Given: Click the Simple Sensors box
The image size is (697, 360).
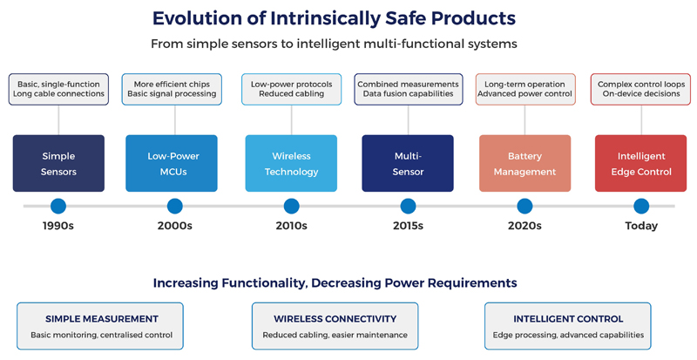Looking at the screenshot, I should (x=58, y=163).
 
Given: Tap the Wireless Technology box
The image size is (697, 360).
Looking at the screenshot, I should (x=291, y=163).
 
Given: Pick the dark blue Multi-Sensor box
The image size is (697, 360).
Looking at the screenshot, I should (x=408, y=163).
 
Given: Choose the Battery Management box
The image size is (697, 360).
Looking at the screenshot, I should (x=524, y=163).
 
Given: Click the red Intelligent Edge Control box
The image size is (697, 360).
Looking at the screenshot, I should (x=641, y=163).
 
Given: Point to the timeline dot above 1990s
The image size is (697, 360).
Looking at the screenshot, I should (x=58, y=207).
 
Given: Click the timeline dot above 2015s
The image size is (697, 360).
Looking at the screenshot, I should (x=408, y=207).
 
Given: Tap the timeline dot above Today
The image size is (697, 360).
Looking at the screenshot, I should (x=641, y=207).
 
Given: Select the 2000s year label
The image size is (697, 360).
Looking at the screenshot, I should (x=174, y=226).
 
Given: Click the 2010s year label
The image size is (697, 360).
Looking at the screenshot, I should (x=291, y=226).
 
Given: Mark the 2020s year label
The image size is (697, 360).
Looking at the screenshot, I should (x=524, y=226).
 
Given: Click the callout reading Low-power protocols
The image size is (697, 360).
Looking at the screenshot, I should (x=291, y=89).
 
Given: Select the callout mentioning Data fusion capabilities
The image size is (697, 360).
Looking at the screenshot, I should (x=408, y=89).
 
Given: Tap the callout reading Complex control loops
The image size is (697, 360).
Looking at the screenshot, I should (x=641, y=89).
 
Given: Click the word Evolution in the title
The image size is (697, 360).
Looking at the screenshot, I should (x=198, y=17).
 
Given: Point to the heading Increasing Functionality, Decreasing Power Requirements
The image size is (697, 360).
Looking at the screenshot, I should (x=335, y=283).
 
